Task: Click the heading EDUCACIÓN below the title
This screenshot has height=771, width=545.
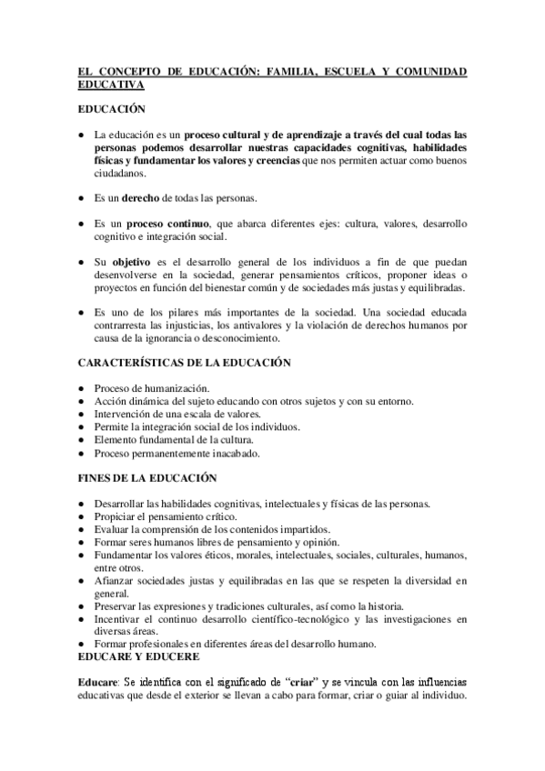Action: click(111, 108)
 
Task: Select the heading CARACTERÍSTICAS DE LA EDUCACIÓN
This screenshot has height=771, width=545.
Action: click(183, 363)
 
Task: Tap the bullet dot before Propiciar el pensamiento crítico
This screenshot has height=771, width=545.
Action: click(81, 516)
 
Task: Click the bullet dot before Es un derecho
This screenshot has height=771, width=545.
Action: click(81, 197)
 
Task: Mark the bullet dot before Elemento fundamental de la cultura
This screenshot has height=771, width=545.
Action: click(81, 439)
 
